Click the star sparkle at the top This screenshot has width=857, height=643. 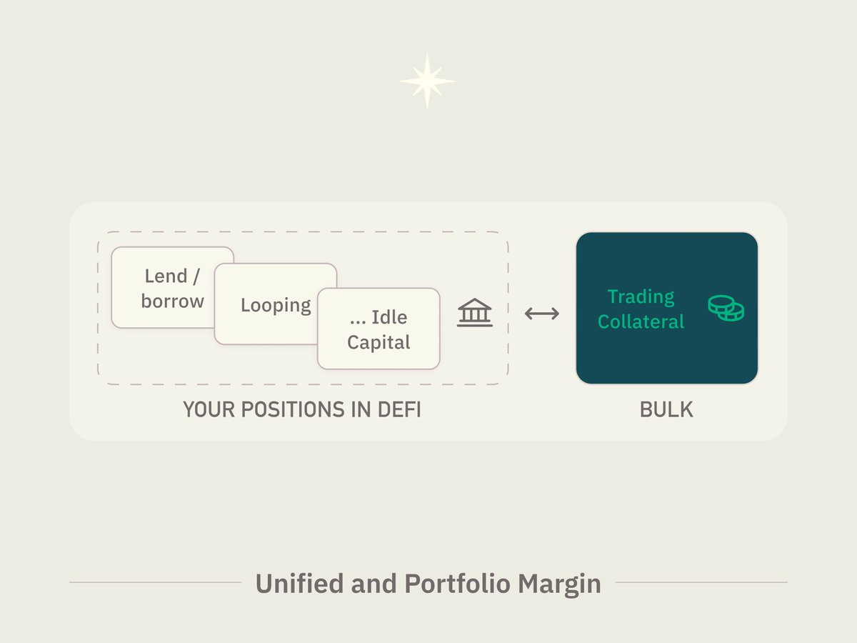[x=427, y=81]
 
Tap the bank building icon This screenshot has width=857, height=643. [x=475, y=312]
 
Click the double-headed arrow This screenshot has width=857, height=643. [x=542, y=313]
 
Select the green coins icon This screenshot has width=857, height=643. [x=726, y=309]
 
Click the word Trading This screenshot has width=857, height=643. [x=641, y=297]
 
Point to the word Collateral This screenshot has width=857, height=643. [x=641, y=321]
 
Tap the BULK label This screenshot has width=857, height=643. [x=666, y=409]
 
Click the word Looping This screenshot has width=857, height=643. [x=276, y=305]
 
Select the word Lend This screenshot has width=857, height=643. [x=166, y=276]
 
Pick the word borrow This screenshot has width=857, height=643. [x=173, y=301]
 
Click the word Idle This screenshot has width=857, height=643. [x=389, y=317]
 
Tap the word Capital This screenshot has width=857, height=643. [x=379, y=342]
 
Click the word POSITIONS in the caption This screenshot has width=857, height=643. [x=293, y=409]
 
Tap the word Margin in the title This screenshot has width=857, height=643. [x=559, y=585]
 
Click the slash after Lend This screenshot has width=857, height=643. [x=196, y=276]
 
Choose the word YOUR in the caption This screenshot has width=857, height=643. [x=209, y=409]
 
